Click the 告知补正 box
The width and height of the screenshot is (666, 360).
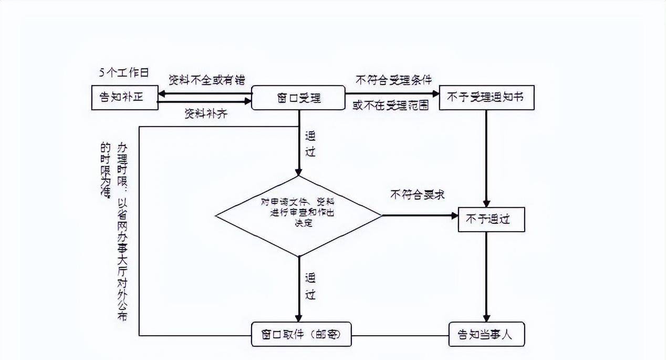pyautogui.click(x=124, y=98)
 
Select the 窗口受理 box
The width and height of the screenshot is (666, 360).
pyautogui.click(x=298, y=98)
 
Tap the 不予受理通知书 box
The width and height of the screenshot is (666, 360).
pyautogui.click(x=486, y=98)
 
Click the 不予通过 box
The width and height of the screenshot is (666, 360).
pyautogui.click(x=491, y=220)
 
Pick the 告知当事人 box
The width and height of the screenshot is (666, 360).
pyautogui.click(x=487, y=334)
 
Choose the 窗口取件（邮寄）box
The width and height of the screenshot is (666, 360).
pyautogui.click(x=301, y=334)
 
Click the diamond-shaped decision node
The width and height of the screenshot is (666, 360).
pyautogui.click(x=298, y=216)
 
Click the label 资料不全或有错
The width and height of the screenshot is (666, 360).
pyautogui.click(x=206, y=79)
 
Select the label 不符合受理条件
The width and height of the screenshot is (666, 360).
pyautogui.click(x=393, y=80)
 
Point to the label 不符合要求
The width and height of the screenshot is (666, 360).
pyautogui.click(x=417, y=194)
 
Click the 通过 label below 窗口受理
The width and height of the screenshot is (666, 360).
pyautogui.click(x=310, y=144)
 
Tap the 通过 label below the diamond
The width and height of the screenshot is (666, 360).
pyautogui.click(x=310, y=287)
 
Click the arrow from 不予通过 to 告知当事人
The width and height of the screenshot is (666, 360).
pyautogui.click(x=486, y=276)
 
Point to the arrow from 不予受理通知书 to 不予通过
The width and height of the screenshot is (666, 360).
pyautogui.click(x=486, y=158)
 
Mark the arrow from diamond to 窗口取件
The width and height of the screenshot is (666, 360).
pyautogui.click(x=298, y=289)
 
